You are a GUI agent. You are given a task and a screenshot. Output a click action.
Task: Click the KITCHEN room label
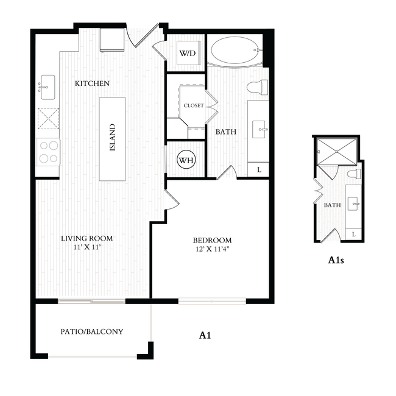[x=92, y=83]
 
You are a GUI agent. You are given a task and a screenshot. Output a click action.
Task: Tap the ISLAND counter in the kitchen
[x=113, y=139]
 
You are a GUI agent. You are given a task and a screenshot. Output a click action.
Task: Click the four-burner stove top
[x=48, y=152]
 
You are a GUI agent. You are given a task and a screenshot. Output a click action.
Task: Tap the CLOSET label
[x=193, y=105]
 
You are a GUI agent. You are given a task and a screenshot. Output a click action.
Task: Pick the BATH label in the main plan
[x=225, y=131]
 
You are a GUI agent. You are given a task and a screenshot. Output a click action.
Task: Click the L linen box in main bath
[x=259, y=169]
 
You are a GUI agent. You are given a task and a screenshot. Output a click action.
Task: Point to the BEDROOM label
[x=213, y=241]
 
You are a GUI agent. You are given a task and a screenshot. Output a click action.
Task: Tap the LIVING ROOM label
[x=87, y=238]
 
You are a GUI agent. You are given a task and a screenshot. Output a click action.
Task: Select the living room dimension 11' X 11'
[x=87, y=248]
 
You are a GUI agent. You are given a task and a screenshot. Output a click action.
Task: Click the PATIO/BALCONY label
[x=92, y=332]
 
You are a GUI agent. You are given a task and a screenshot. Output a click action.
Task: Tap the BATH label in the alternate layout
[x=332, y=205]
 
